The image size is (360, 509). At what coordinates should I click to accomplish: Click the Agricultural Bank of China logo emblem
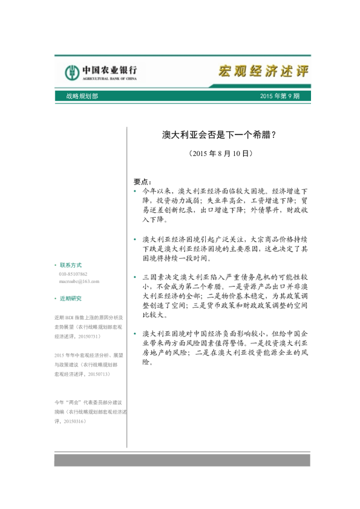coord(73,73)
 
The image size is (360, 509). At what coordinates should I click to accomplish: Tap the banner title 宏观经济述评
coord(263,71)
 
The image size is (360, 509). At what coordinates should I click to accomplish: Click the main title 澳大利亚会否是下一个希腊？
coord(219,135)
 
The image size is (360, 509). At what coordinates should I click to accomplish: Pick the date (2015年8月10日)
coord(219,154)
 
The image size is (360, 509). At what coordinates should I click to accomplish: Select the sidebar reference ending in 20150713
coord(89,365)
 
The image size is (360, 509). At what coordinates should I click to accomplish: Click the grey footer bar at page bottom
coord(182,460)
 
